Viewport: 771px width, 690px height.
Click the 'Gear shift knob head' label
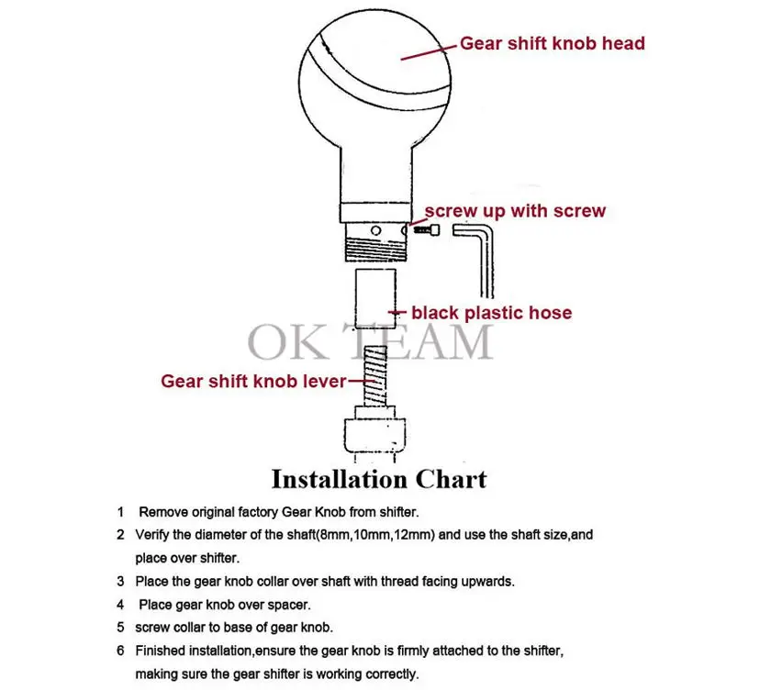[553, 43]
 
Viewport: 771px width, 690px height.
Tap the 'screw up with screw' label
[515, 211]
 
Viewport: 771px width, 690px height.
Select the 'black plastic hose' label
[492, 313]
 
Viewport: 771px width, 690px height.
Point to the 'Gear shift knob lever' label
[253, 382]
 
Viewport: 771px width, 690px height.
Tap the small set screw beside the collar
[427, 229]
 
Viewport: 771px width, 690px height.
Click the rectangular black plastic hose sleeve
[375, 298]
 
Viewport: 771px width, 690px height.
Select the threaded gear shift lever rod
[375, 376]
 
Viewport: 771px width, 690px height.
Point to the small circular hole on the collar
[375, 230]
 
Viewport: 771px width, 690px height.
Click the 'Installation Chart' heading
[379, 479]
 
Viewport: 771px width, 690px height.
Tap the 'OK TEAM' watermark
[370, 341]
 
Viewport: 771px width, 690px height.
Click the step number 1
[120, 512]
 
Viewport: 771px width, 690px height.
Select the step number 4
[120, 605]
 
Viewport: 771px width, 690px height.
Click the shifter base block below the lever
[374, 435]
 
